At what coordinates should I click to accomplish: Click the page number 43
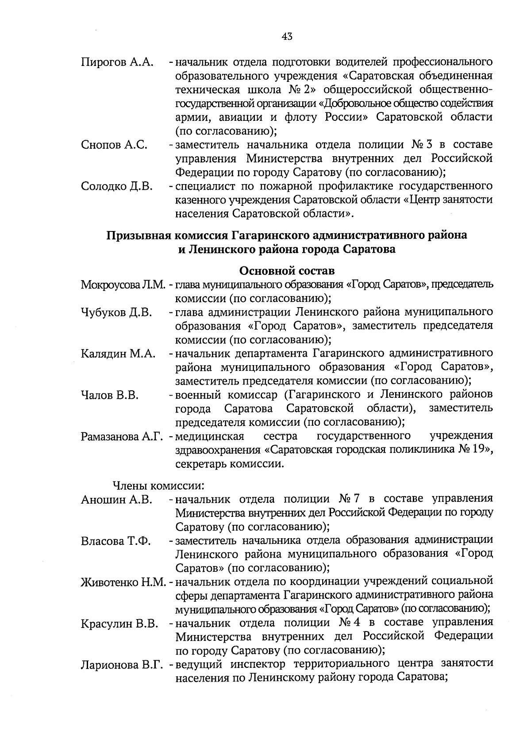tap(287, 37)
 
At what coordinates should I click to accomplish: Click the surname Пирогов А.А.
tap(117, 62)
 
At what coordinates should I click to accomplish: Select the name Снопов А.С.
tap(114, 145)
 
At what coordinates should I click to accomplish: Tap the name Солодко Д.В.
tap(117, 186)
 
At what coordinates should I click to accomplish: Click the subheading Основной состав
tap(287, 270)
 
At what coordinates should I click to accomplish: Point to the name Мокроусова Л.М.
tap(123, 284)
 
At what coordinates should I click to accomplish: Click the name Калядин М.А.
tap(118, 354)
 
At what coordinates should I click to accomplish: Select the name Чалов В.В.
tap(109, 395)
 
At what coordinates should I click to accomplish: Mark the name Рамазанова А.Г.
tap(123, 437)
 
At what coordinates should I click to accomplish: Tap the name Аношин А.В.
tap(117, 500)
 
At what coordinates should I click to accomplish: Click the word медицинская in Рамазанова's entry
tap(210, 437)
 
